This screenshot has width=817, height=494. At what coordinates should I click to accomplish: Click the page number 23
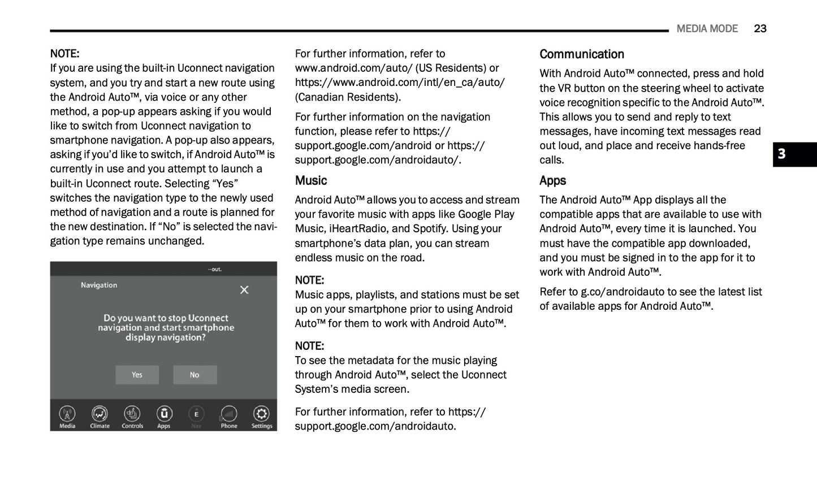coord(760,29)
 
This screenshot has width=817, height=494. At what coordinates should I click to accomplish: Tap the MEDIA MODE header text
coord(707,29)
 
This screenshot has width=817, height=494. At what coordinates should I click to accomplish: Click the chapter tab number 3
coord(781,154)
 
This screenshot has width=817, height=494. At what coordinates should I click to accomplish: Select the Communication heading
coord(581,54)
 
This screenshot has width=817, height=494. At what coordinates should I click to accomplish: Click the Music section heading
coord(311,181)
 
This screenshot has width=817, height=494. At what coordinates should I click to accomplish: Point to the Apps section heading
coord(552,181)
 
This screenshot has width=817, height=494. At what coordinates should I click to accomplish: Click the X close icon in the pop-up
coord(244,290)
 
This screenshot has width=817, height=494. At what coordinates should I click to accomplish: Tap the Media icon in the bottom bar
coord(67,414)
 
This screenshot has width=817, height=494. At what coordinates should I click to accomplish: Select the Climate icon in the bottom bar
coord(100,414)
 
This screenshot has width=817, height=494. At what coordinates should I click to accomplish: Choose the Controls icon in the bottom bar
coord(132,414)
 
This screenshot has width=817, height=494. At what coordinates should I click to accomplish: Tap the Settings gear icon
coord(261,414)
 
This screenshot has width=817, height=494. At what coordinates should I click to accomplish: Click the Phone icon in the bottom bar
coord(228,414)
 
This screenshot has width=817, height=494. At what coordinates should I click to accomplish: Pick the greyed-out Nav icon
coord(196,414)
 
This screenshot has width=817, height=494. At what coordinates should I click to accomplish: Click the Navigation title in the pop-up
coord(99,285)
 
